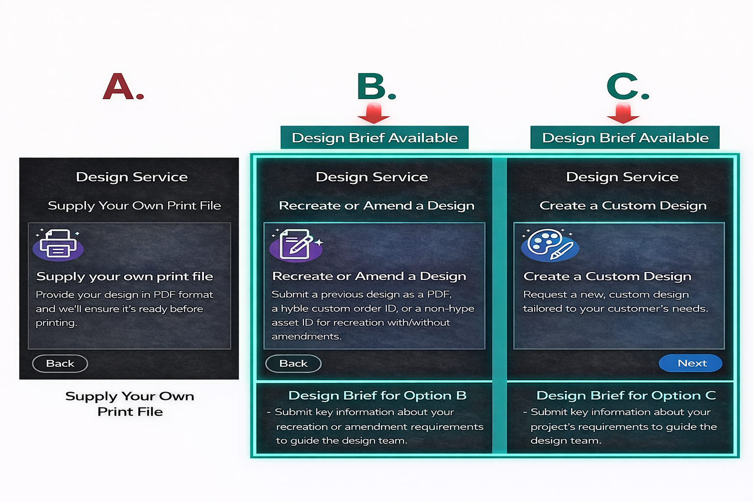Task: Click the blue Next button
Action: (690, 363)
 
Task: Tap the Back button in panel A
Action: (60, 363)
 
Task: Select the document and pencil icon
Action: (296, 245)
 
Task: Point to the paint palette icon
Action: (550, 245)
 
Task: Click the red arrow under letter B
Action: (374, 113)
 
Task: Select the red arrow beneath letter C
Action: (623, 113)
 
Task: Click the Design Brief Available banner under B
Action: (375, 138)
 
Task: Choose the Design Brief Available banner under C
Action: (625, 138)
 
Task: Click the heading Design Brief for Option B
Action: (377, 396)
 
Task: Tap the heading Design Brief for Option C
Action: (626, 396)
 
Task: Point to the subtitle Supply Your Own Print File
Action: (134, 205)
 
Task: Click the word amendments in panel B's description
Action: (306, 336)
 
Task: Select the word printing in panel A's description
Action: (56, 323)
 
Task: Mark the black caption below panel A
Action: (130, 404)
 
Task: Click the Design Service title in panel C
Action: (622, 177)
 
